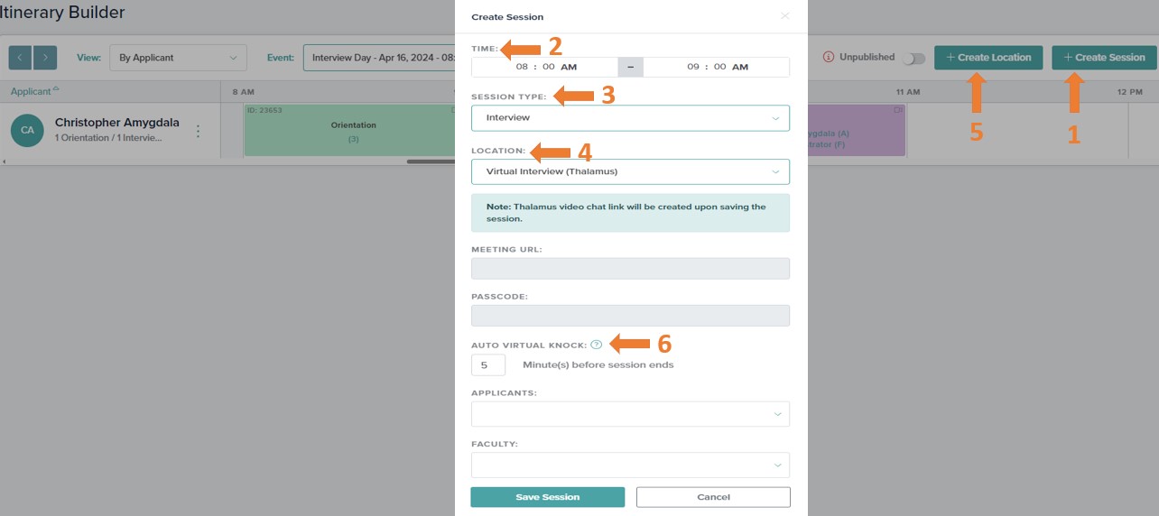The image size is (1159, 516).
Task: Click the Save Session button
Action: pos(547,497)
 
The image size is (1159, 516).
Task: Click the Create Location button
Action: pos(988,58)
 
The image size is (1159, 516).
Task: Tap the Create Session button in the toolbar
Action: pos(1104,58)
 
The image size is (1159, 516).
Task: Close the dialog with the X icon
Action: pos(784,16)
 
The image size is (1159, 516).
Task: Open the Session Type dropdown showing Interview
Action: pos(630,118)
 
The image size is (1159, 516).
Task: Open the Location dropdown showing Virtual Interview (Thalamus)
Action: pos(630,171)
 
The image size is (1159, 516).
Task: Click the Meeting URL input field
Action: pos(630,268)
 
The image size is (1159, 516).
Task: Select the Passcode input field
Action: pos(630,316)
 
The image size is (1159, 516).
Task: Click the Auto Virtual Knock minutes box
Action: pos(488,365)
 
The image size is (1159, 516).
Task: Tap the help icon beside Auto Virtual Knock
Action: pos(597,345)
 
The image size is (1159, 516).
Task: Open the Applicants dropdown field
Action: pos(630,414)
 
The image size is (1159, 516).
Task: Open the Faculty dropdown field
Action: pos(630,465)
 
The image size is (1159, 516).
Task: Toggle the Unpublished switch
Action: pos(914,59)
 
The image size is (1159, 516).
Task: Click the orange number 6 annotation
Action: pos(664,344)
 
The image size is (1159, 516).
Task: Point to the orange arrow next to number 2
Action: pos(523,48)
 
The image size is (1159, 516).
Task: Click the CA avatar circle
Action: pos(28,130)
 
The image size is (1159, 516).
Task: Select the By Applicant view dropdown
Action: pos(178,58)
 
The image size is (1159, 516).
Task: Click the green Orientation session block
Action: pos(353,131)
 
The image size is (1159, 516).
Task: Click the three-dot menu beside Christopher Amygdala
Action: pos(199,131)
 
